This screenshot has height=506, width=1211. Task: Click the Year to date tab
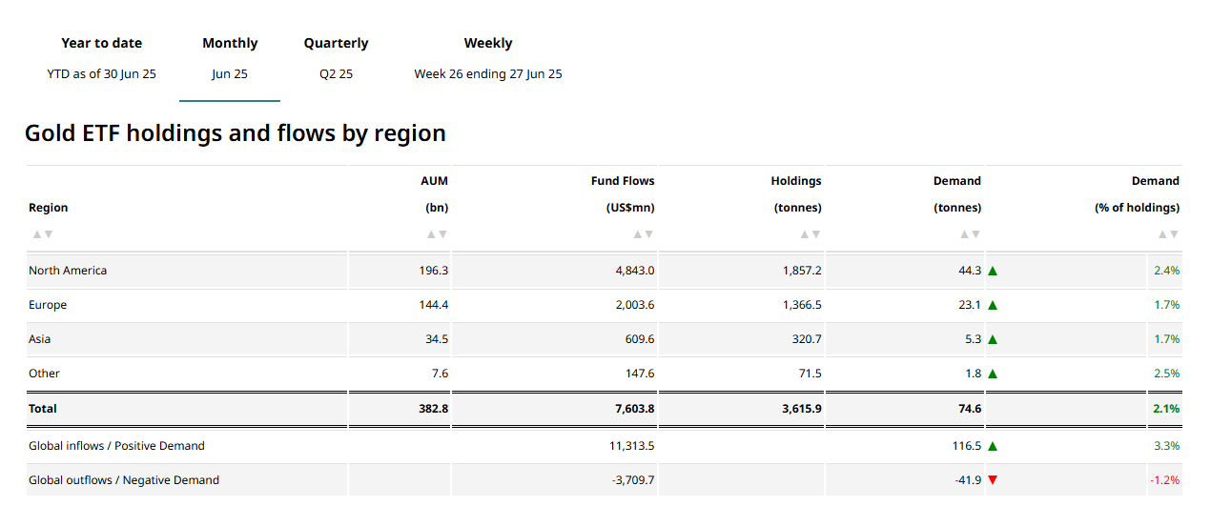point(101,43)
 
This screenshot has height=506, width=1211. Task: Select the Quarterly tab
point(336,43)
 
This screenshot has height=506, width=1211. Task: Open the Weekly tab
point(487,43)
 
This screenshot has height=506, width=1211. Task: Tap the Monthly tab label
point(230,43)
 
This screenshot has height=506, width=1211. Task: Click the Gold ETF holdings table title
point(235,132)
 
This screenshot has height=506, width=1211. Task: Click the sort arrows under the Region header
point(42,234)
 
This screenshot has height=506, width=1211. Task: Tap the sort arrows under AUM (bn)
point(437,234)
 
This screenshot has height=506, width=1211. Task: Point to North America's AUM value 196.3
point(433,271)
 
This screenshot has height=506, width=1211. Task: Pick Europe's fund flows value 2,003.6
point(634,305)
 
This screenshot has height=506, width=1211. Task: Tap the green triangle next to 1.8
point(993,374)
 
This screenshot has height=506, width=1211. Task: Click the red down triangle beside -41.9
point(993,480)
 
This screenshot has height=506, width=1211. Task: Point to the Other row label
point(44,374)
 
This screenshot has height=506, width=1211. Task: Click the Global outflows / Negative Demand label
point(124,480)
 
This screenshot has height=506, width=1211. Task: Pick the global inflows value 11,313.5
point(632,446)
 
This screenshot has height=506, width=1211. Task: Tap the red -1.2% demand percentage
point(1164,480)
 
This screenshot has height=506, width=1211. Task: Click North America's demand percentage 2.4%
point(1166,271)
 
